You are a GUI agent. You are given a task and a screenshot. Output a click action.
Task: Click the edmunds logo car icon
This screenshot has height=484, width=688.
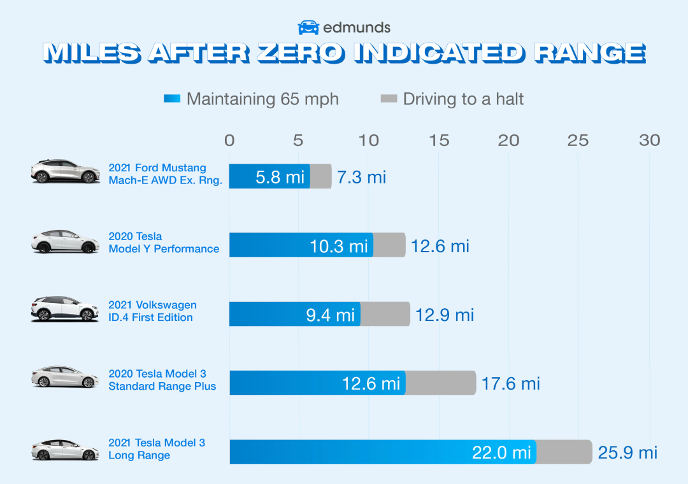pyautogui.click(x=308, y=27)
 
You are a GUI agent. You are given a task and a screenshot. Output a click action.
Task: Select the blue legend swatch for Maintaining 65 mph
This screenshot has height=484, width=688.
pyautogui.click(x=172, y=99)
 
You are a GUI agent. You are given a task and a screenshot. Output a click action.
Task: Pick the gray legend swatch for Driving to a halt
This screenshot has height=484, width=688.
pyautogui.click(x=389, y=99)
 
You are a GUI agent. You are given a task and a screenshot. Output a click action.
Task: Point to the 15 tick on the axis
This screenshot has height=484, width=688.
pyautogui.click(x=439, y=140)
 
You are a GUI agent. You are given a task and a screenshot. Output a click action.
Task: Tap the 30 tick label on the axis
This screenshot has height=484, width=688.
pyautogui.click(x=649, y=140)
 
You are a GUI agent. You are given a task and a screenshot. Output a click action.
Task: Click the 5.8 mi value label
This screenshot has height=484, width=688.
pyautogui.click(x=280, y=176)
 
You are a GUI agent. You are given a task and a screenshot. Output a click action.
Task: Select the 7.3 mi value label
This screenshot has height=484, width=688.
pyautogui.click(x=361, y=176)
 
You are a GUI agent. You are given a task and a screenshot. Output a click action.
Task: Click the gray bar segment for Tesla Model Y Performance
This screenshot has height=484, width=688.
pyautogui.click(x=389, y=245)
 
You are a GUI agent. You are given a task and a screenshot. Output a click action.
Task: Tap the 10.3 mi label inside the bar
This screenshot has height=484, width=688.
pyautogui.click(x=339, y=246)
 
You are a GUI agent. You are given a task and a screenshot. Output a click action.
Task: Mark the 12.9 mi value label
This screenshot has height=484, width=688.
pyautogui.click(x=445, y=315)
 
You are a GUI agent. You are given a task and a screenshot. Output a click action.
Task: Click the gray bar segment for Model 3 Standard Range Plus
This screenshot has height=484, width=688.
pyautogui.click(x=440, y=383)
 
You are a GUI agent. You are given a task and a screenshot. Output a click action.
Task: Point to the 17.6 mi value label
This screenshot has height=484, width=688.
pyautogui.click(x=510, y=383)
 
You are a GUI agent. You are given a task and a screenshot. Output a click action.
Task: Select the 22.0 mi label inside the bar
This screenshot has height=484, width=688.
pyautogui.click(x=501, y=452)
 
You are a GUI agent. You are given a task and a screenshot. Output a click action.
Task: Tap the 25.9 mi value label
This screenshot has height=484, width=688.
pyautogui.click(x=627, y=453)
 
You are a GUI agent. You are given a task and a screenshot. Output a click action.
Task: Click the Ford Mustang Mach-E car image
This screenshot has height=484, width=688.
pyautogui.click(x=66, y=172)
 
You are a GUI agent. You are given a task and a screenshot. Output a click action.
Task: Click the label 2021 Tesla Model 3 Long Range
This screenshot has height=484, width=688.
pyautogui.click(x=157, y=449)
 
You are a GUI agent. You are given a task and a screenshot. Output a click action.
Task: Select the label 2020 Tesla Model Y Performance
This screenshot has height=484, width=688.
pyautogui.click(x=164, y=243)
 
